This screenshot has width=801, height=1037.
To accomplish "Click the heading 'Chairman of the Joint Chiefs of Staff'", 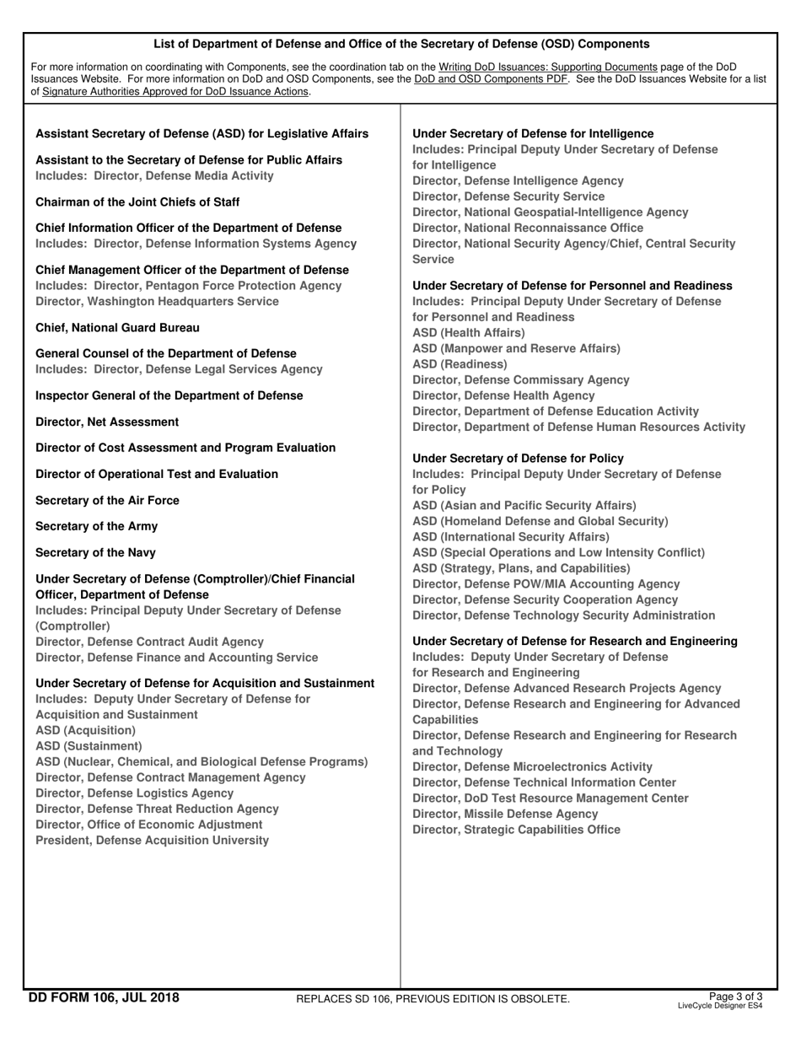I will [137, 202].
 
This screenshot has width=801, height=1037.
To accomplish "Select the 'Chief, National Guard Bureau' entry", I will [118, 327].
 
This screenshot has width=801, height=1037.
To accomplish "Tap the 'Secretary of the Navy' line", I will [95, 552].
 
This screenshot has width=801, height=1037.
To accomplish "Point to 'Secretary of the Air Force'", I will [107, 500].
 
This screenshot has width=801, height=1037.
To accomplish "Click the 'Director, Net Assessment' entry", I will [107, 422].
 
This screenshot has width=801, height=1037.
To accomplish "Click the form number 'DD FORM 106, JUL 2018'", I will [104, 998].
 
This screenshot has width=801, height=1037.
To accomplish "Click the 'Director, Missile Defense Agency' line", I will [505, 814].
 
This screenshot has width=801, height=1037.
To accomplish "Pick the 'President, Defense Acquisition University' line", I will [153, 840].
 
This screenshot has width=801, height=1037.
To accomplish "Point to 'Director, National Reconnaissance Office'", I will [528, 228].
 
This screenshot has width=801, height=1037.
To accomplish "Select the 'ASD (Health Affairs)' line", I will [468, 333].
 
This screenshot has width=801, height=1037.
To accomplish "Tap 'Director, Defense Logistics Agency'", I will [135, 793].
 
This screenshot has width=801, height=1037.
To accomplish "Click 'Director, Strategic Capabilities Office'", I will [516, 830].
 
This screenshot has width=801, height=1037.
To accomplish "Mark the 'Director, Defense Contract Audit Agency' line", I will [149, 642].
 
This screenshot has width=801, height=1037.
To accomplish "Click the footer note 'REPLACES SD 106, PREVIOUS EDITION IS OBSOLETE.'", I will [433, 999].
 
